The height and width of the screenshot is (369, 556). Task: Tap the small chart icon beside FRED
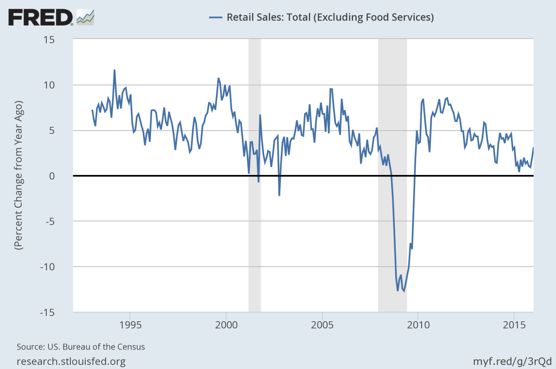click(x=86, y=17)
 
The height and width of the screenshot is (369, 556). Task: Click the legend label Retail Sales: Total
click(x=329, y=18)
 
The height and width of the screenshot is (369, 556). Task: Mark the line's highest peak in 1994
click(x=114, y=70)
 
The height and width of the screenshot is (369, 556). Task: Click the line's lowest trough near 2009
click(x=404, y=291)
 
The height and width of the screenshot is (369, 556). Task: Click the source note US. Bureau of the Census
click(x=81, y=346)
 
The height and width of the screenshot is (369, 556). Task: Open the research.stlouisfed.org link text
click(x=71, y=361)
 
